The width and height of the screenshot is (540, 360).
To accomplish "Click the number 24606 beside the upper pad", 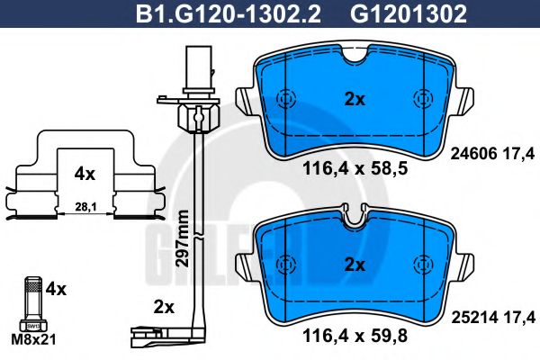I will (x=471, y=153).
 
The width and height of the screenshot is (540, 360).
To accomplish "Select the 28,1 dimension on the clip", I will (x=83, y=206).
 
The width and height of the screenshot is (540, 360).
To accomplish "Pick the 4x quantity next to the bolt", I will (x=56, y=290).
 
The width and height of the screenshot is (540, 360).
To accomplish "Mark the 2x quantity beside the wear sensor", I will (x=163, y=307).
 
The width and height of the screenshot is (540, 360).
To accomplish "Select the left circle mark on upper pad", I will (x=287, y=100).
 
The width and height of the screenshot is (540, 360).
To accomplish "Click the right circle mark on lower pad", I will (x=420, y=264).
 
